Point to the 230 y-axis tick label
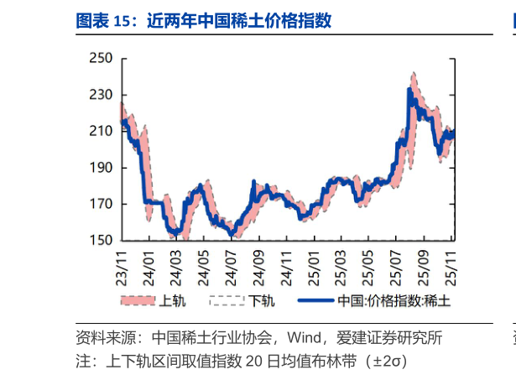tap(101, 95)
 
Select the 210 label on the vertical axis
tap(101, 132)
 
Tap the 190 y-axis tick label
tap(101, 168)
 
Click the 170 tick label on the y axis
tap(101, 204)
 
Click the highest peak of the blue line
tap(409, 88)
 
